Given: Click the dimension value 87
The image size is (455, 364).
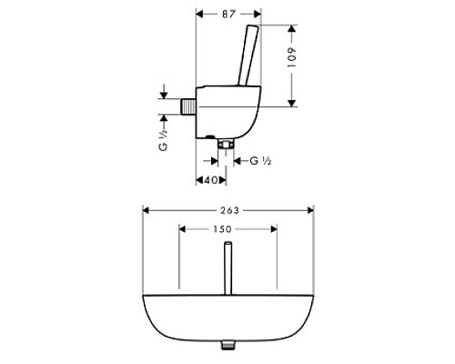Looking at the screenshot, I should click(x=229, y=15).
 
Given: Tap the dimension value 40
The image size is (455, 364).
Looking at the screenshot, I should click(x=211, y=179).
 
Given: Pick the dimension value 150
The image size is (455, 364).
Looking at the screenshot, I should click(x=228, y=230).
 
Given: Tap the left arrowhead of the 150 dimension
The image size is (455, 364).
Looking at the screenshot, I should click(x=183, y=230).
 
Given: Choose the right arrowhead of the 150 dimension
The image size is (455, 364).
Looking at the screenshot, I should click(x=274, y=230).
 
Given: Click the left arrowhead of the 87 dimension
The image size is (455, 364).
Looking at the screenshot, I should click(x=199, y=15).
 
